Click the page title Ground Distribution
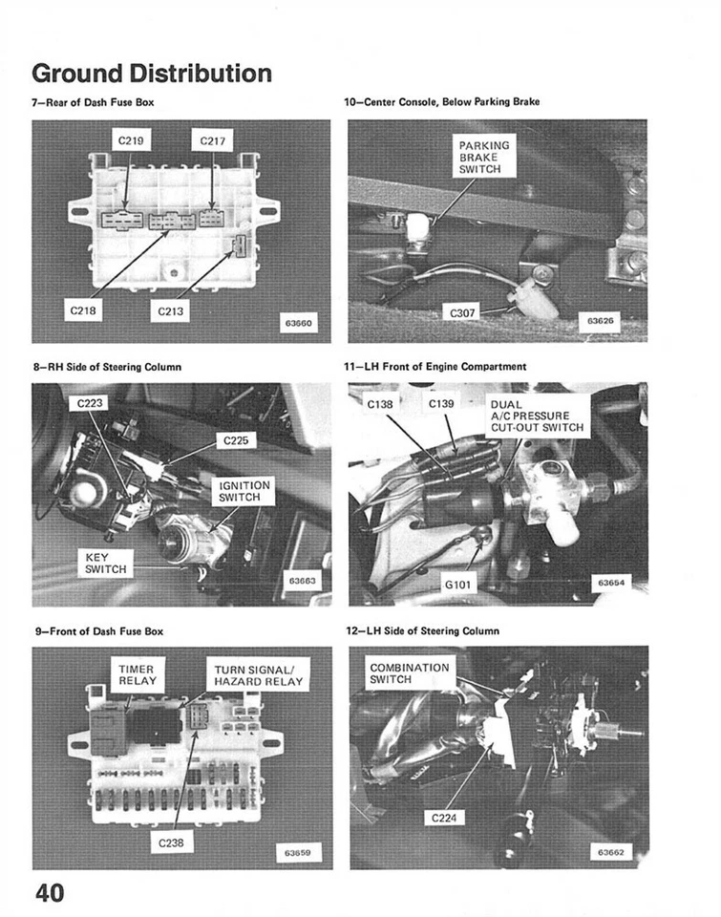152,73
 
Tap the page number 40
50,893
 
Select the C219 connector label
131,141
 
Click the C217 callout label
212,141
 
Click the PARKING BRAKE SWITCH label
484,156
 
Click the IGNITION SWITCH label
245,491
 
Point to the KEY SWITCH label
100,563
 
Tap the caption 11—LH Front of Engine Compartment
435,366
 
